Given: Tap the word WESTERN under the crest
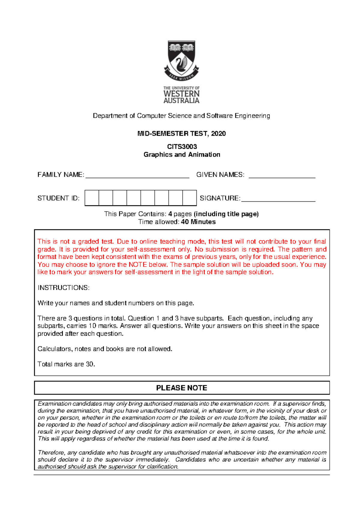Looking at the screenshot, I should tap(181, 94).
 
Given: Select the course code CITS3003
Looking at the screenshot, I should tap(182, 146).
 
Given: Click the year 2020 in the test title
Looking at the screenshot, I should tap(218, 134).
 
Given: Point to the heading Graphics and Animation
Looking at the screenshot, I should tap(182, 155).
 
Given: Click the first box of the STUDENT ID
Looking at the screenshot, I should tap(92, 198).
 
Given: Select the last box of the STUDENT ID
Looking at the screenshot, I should tap(189, 198).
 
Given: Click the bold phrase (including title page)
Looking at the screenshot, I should tap(226, 214).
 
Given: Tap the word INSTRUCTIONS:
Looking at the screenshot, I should tap(63, 288).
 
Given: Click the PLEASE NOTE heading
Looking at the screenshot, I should tap(181, 388).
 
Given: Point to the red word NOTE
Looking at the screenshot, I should tap(137, 265).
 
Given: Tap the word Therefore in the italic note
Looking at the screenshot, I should tap(51, 452).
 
